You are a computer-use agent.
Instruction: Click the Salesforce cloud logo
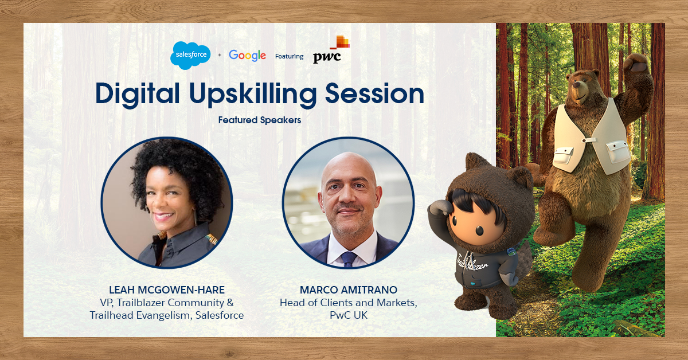[190, 55]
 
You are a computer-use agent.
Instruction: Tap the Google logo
[247, 56]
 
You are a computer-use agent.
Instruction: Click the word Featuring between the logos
[289, 56]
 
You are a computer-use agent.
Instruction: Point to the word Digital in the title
[137, 93]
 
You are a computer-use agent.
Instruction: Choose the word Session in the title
[375, 93]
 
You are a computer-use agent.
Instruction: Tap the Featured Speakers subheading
[260, 120]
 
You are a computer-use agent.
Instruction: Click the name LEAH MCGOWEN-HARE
[167, 289]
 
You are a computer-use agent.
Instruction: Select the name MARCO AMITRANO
[349, 289]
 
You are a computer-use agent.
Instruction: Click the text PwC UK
[349, 315]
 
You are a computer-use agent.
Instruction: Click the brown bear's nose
[577, 84]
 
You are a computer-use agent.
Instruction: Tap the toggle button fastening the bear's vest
[589, 140]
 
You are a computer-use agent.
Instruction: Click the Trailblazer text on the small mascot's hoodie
[472, 263]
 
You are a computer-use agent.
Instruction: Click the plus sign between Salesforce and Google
[220, 55]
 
